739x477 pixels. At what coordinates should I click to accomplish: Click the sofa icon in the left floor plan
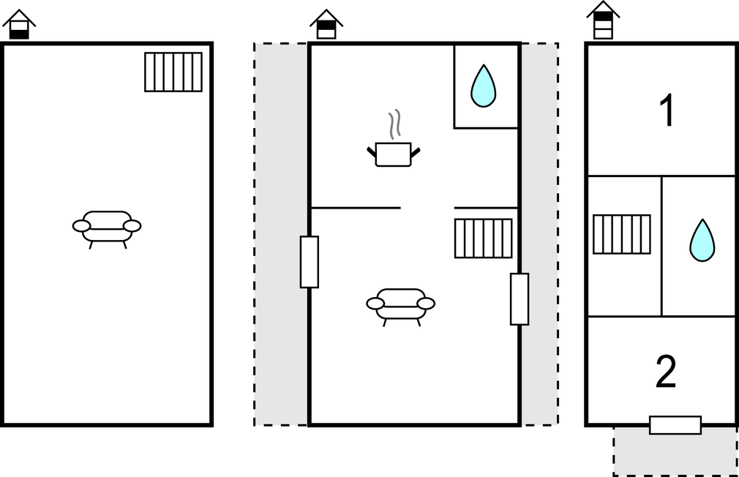[107, 230]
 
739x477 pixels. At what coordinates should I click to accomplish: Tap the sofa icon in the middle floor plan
[401, 307]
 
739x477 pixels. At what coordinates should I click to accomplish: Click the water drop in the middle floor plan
[484, 86]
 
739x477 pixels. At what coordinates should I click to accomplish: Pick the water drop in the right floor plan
[702, 240]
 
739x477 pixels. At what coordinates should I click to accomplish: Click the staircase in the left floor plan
[173, 72]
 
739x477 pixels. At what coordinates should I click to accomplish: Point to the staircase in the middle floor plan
[484, 238]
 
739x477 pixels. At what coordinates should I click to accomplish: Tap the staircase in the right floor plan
[622, 234]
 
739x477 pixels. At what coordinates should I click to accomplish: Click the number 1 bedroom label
[667, 110]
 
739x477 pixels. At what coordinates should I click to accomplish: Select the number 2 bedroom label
[666, 372]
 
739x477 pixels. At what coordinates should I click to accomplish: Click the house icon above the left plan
[19, 24]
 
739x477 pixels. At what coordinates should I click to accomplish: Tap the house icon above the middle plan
[326, 24]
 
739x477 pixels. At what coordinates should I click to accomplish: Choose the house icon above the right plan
[603, 20]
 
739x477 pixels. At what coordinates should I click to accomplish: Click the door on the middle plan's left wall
[310, 262]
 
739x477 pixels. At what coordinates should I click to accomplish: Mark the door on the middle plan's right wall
[519, 298]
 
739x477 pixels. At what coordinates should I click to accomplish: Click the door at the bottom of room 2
[675, 425]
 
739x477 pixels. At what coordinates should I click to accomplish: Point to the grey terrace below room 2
[675, 451]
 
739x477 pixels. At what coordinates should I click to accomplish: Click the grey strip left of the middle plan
[281, 234]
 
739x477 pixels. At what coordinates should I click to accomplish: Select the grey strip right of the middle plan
[540, 234]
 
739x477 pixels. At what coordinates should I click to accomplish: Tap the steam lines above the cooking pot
[395, 124]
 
